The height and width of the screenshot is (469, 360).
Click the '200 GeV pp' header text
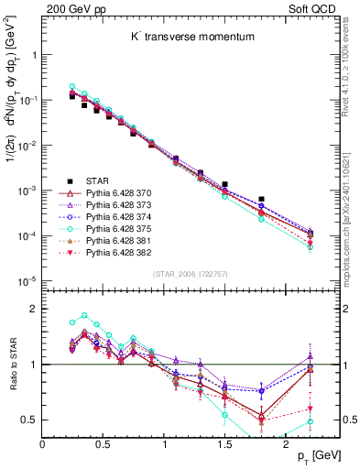coord(70,7)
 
